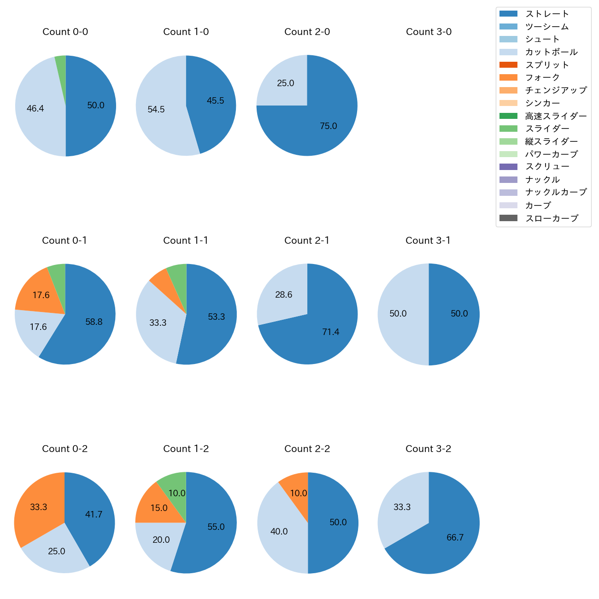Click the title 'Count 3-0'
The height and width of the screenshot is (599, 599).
point(429,32)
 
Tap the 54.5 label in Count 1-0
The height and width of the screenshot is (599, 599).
point(156,110)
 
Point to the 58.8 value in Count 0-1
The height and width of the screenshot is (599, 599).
point(94,322)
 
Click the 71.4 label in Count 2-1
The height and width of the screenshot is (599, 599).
point(331,332)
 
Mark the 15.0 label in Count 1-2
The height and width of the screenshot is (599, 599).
point(159,508)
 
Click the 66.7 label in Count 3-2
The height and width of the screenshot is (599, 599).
point(455,538)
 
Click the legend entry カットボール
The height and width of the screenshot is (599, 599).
point(551,52)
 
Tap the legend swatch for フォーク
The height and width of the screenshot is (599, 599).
point(508,77)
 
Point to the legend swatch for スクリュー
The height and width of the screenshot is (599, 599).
point(508,167)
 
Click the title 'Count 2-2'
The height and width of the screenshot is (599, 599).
point(307,449)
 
